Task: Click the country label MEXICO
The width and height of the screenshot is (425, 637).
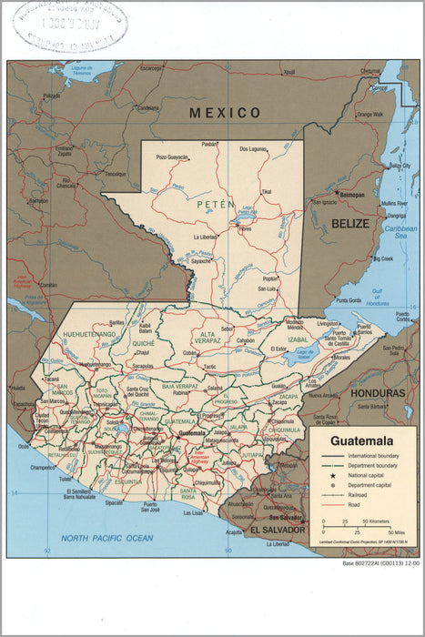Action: click(225, 113)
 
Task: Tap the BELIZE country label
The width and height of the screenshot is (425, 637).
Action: click(350, 223)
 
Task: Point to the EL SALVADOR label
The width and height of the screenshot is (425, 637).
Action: click(277, 529)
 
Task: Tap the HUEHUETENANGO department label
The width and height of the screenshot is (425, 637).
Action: click(89, 335)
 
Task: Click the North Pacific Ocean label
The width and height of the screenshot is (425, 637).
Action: click(102, 539)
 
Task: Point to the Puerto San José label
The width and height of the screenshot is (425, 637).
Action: click(149, 506)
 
